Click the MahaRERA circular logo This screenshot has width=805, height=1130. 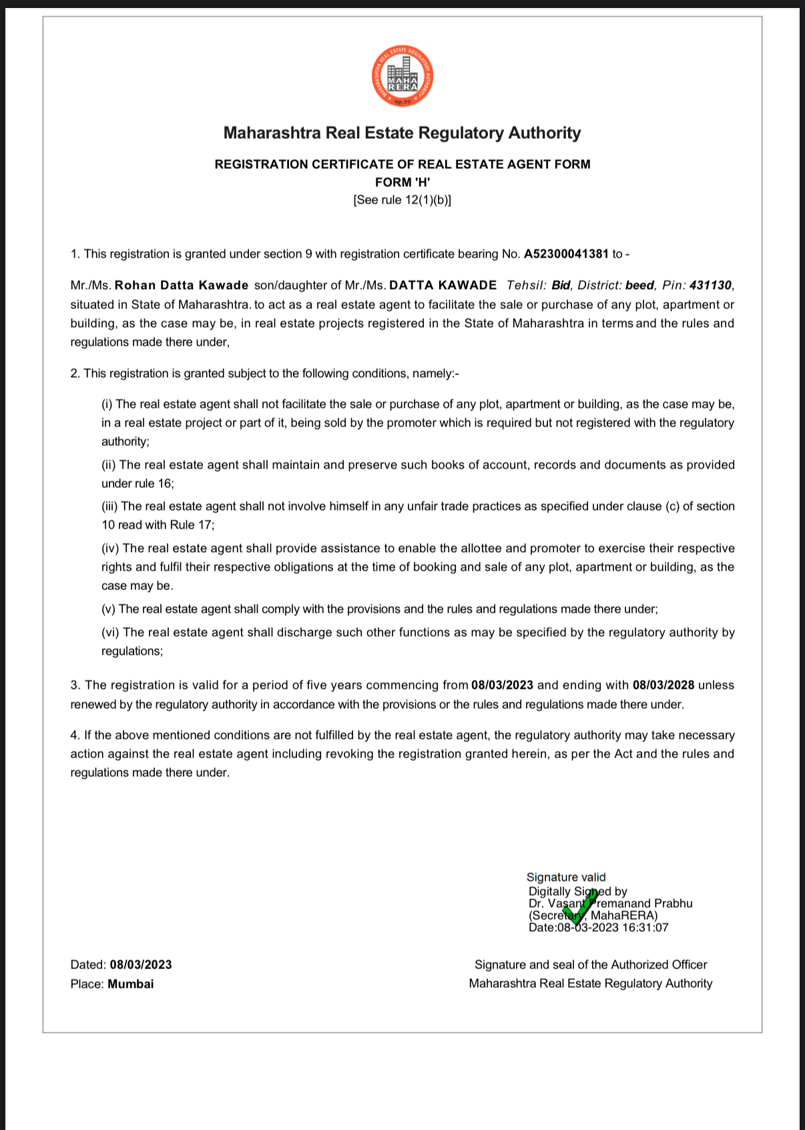tap(402, 76)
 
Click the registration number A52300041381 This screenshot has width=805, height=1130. tap(566, 254)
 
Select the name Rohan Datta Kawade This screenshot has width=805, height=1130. tap(182, 286)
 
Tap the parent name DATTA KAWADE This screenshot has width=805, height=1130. tap(443, 286)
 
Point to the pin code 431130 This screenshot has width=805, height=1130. tap(710, 286)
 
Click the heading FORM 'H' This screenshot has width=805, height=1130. tap(402, 182)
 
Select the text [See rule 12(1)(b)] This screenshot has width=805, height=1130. tap(402, 200)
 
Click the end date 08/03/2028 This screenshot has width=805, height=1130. tap(663, 685)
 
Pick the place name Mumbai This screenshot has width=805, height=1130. tap(131, 984)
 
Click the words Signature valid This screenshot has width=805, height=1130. tap(566, 877)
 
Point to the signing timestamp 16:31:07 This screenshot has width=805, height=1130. tap(645, 927)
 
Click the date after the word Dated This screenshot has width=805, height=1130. tap(141, 964)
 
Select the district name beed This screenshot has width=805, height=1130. tap(639, 286)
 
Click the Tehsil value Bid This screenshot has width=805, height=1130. tap(561, 286)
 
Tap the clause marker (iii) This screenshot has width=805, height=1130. tap(109, 507)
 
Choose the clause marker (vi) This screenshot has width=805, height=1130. tap(111, 632)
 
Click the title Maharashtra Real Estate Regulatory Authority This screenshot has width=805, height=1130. tap(402, 133)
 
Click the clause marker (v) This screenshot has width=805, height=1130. tap(109, 609)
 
